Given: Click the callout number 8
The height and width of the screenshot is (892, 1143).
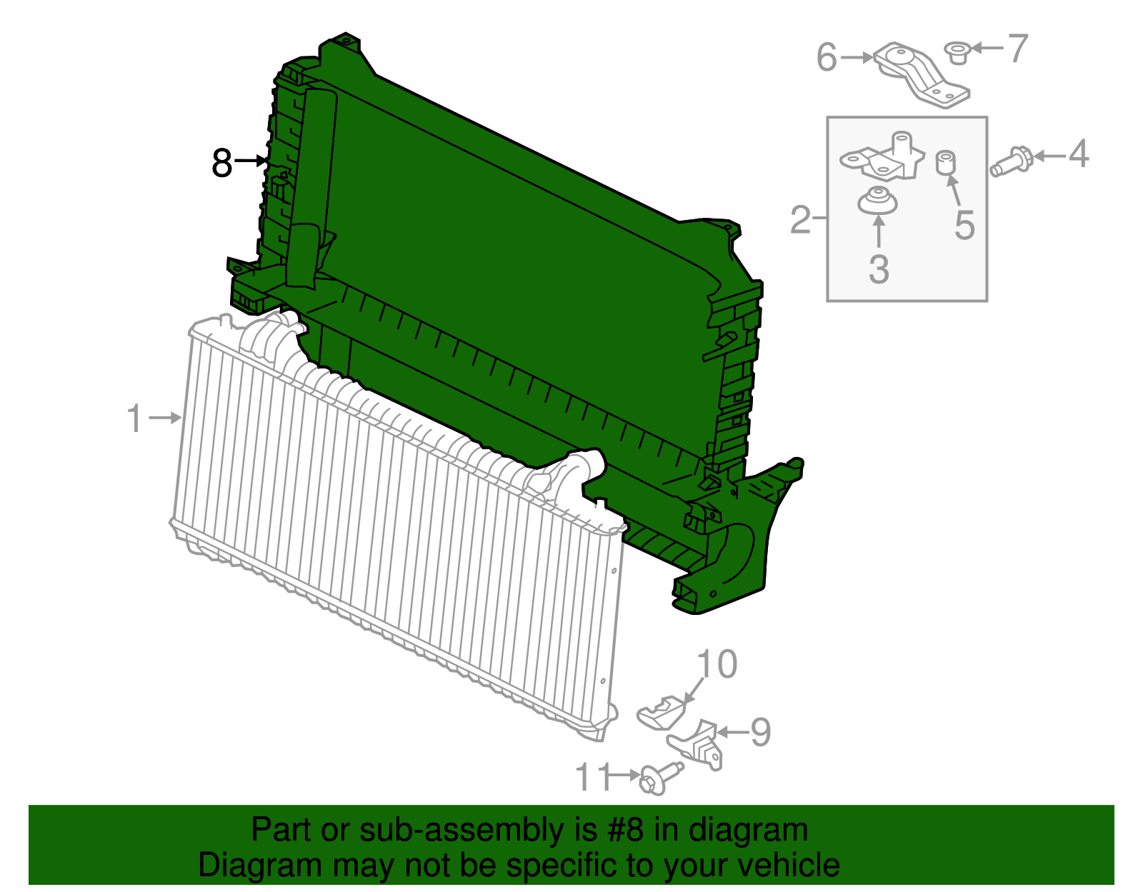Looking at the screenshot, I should [221, 163].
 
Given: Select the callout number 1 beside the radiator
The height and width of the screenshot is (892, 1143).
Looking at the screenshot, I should [134, 419].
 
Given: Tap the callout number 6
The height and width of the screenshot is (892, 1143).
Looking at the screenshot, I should [827, 57].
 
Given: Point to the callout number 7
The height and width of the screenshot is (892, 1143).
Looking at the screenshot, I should [1017, 48].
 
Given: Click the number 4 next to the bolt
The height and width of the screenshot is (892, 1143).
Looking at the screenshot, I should [1078, 154].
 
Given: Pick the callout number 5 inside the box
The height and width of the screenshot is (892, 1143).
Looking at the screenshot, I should [964, 225].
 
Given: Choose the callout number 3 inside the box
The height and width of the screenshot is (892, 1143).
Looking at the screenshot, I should [879, 269].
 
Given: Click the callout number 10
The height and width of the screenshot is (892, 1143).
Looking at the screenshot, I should [717, 664].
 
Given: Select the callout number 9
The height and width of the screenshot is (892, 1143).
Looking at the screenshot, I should [761, 732].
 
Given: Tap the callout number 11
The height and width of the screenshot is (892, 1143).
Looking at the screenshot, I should [594, 776].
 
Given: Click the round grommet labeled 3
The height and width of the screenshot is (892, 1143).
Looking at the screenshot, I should [877, 201].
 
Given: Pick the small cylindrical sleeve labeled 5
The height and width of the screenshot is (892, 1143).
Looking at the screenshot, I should [946, 163].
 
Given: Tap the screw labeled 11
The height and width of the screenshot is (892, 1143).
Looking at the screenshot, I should [659, 777].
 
